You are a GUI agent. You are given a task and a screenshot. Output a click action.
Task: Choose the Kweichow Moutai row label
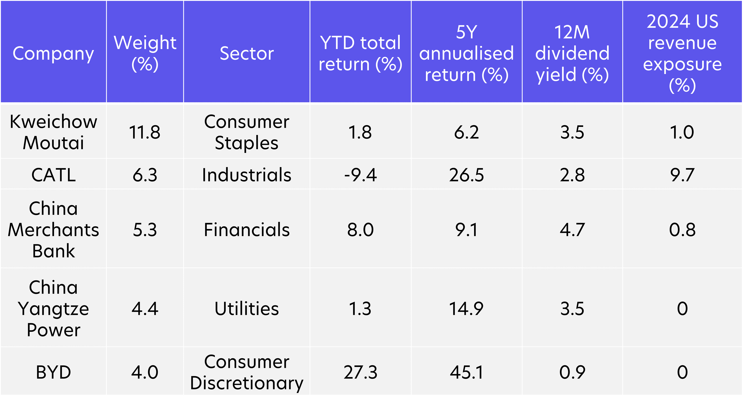(x=53, y=132)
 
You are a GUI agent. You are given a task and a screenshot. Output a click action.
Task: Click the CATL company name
(x=53, y=175)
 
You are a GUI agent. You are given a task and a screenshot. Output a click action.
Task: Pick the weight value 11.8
(x=145, y=132)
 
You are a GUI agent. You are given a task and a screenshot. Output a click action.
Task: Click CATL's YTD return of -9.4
(x=360, y=175)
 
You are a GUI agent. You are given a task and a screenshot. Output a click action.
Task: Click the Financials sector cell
(x=247, y=230)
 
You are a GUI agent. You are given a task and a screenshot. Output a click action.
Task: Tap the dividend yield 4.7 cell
(x=572, y=230)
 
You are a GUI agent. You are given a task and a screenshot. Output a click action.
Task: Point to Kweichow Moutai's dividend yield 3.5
(x=572, y=132)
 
